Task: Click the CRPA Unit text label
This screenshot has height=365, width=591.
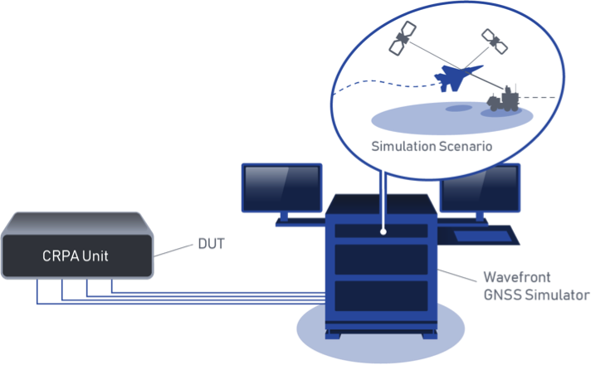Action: (x=76, y=256)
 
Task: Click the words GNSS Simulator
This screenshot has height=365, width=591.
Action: (x=536, y=295)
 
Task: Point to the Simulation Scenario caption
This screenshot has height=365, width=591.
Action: (x=432, y=146)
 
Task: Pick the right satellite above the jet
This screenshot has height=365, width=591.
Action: (x=496, y=41)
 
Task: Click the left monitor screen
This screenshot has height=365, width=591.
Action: (x=281, y=187)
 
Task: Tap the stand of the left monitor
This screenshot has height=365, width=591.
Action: (x=282, y=217)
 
